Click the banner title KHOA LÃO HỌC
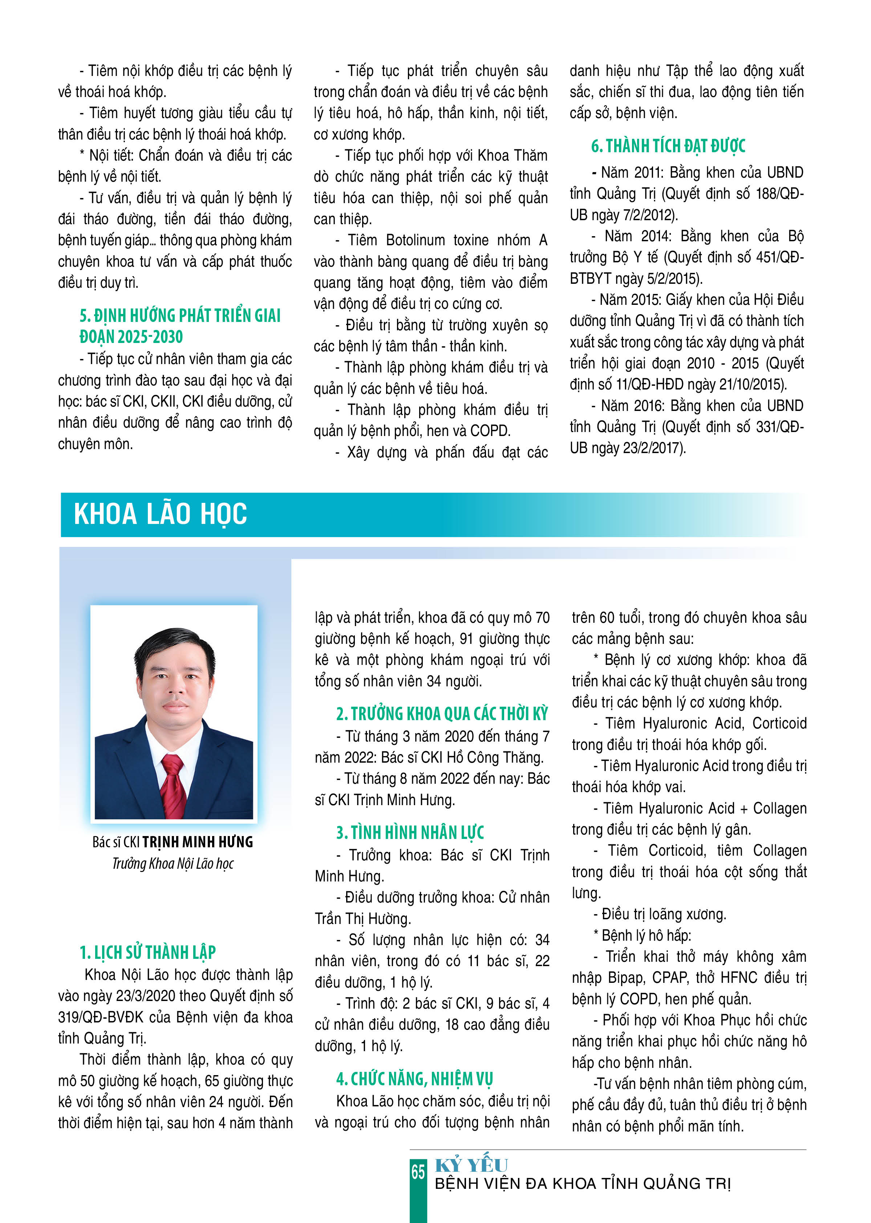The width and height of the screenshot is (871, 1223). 161,514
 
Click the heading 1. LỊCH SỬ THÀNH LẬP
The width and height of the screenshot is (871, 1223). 147,953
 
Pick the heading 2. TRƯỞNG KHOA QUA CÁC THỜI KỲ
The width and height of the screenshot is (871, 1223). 442,714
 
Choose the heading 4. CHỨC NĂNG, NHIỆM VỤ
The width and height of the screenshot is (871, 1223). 414,1079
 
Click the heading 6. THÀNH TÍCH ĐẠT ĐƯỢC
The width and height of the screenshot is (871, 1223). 668,146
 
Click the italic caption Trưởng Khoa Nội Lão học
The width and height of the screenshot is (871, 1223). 173,864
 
